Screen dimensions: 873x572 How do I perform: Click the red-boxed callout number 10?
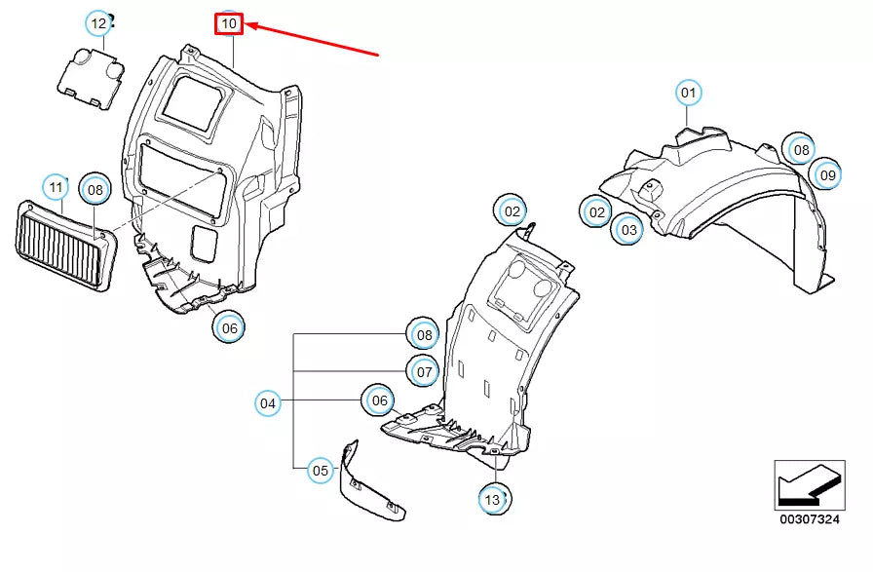[x=229, y=24]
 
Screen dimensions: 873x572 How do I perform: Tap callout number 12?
[x=98, y=23]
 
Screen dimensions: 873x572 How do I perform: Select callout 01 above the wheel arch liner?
[x=688, y=93]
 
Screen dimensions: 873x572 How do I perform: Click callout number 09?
[x=828, y=174]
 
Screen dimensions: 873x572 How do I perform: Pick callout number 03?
[x=628, y=229]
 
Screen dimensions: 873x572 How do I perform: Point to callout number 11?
[x=56, y=186]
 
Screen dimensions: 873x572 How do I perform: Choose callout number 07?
[x=424, y=371]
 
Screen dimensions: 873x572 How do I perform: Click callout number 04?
[x=268, y=403]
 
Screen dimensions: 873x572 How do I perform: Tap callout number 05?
[x=321, y=471]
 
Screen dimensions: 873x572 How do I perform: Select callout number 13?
[x=493, y=500]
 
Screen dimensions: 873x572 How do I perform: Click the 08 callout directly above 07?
[x=424, y=335]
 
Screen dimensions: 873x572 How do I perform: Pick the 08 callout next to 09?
[x=801, y=149]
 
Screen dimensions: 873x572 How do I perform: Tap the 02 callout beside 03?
[x=596, y=212]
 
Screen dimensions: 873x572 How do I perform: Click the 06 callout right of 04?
[x=379, y=400]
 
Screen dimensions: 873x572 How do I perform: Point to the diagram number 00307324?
[x=810, y=519]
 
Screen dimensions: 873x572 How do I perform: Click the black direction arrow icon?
[x=810, y=485]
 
